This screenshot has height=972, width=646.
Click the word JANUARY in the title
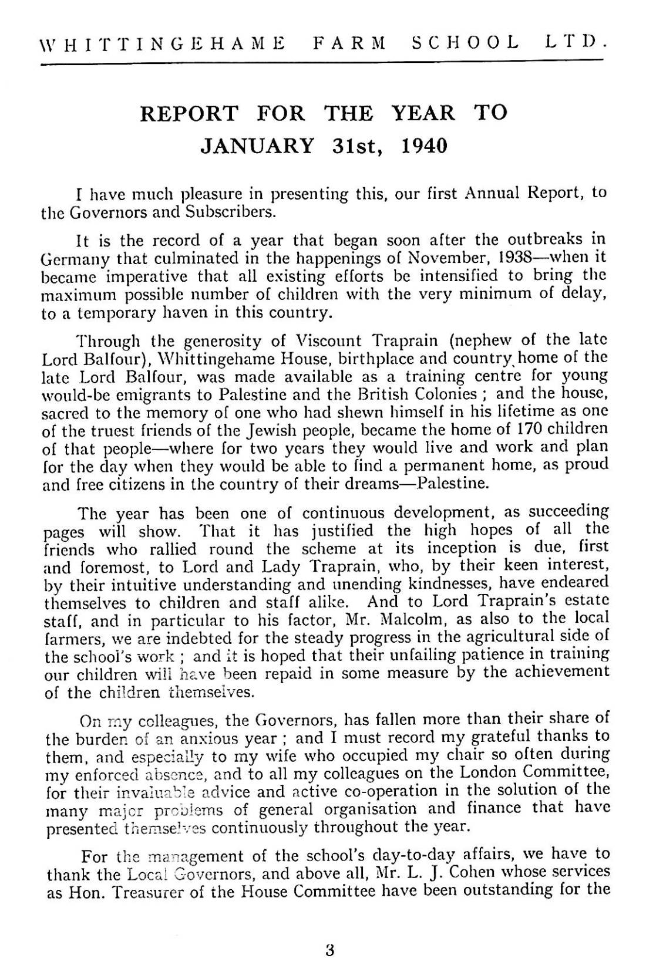[x=257, y=145]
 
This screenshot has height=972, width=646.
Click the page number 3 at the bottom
[x=329, y=950]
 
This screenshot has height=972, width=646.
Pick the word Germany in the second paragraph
[x=70, y=258]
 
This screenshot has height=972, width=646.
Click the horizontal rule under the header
[x=322, y=60]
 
